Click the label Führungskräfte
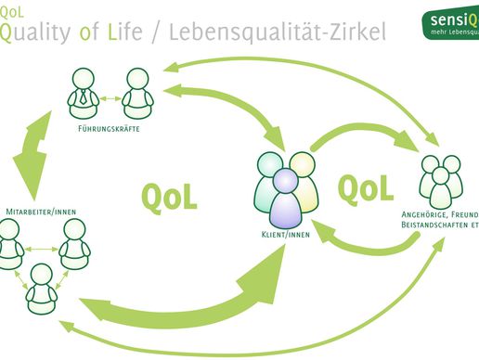(x=109, y=128)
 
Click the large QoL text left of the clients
(x=169, y=196)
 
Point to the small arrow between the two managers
(x=109, y=96)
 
